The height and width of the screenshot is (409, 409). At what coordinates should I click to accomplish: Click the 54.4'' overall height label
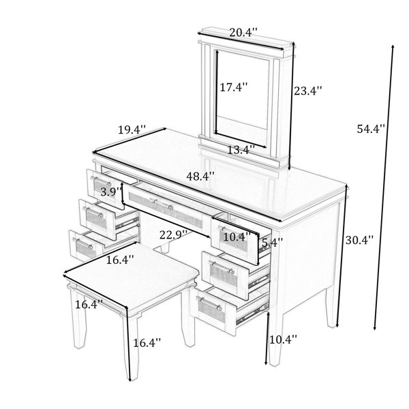(x=371, y=129)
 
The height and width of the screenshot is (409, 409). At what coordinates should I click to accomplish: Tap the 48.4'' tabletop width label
(x=200, y=177)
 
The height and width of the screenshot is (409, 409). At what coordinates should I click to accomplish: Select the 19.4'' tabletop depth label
(x=132, y=130)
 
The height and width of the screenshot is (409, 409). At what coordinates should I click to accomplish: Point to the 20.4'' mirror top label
(x=243, y=33)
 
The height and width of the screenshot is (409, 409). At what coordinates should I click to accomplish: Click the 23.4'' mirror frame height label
(x=308, y=91)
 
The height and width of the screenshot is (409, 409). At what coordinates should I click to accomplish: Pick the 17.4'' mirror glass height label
(x=233, y=87)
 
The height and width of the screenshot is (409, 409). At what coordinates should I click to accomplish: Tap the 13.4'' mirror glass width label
(x=241, y=150)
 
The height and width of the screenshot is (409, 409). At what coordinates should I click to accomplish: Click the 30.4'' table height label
(x=359, y=240)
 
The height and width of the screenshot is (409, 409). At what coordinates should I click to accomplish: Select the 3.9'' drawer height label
(x=111, y=192)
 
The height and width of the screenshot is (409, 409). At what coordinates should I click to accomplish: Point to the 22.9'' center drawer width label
(x=173, y=235)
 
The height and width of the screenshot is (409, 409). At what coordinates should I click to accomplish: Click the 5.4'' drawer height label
(x=272, y=243)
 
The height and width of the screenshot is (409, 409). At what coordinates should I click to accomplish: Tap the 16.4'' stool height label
(x=147, y=343)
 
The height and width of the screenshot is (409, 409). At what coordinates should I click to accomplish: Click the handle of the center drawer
(x=162, y=204)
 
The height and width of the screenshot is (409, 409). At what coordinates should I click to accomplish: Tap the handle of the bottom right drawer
(x=209, y=303)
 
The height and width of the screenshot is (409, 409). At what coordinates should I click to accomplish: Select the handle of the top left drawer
(x=101, y=181)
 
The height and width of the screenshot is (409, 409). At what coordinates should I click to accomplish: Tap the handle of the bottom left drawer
(x=82, y=243)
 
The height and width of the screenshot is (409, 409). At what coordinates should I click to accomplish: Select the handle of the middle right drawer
(x=221, y=267)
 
